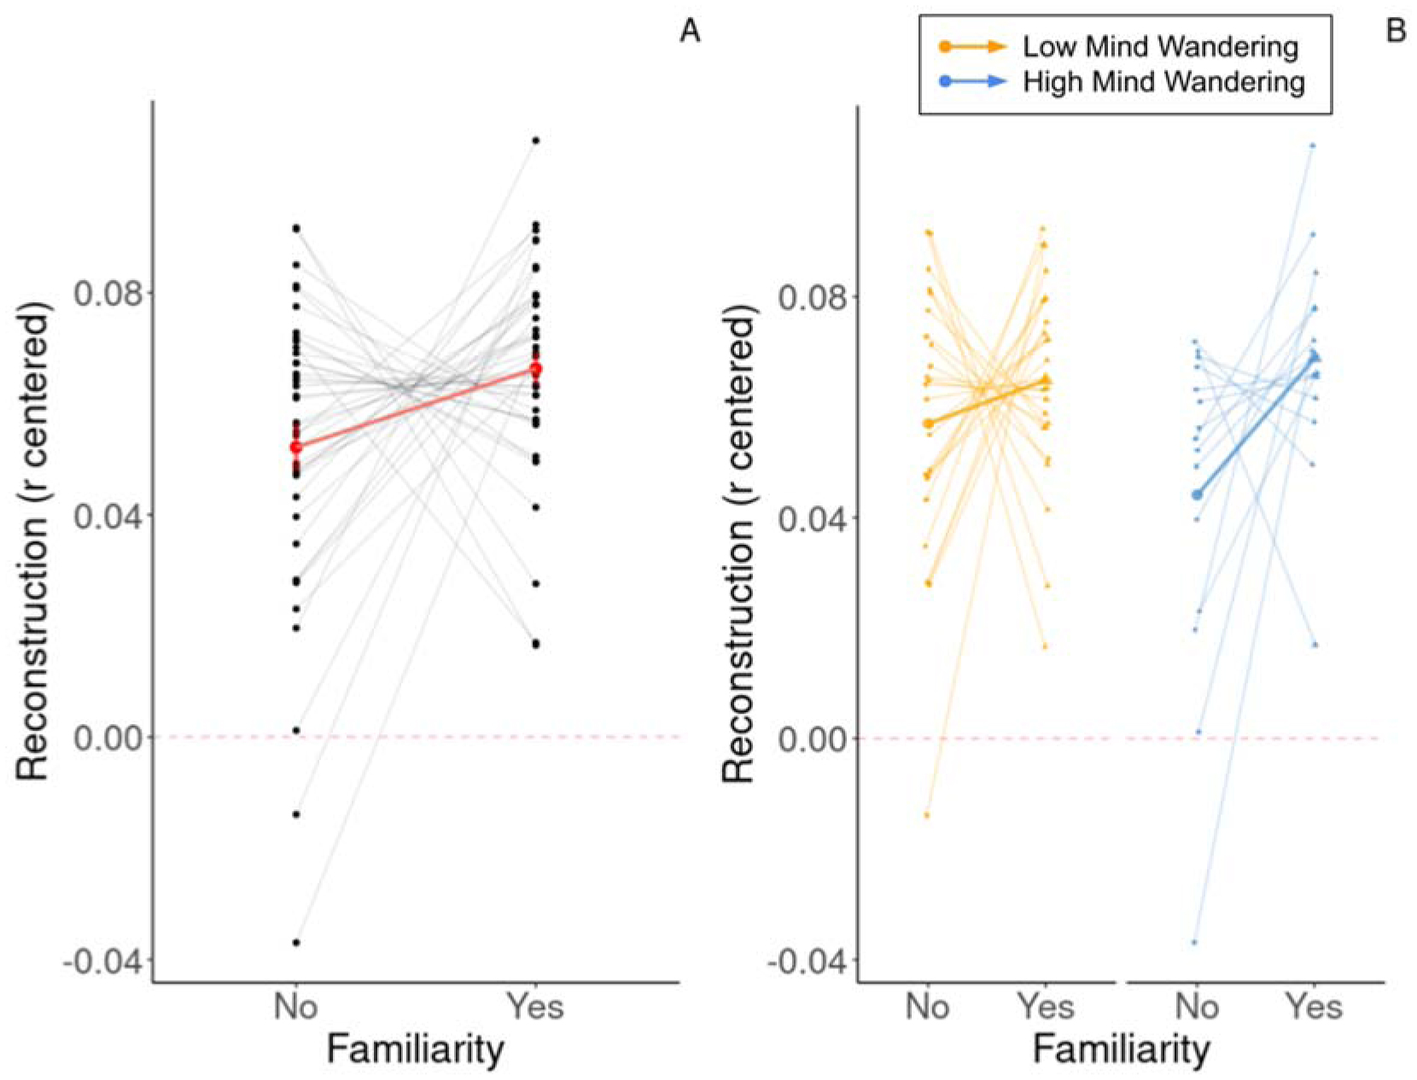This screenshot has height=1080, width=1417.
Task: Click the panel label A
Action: click(690, 32)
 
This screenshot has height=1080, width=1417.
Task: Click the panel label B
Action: click(1397, 32)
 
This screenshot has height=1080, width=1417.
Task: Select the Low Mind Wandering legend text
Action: click(1161, 46)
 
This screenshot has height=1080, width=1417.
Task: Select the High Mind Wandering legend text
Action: click(1164, 82)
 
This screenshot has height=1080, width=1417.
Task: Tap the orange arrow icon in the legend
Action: click(973, 46)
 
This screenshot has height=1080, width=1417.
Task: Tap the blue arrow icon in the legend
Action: click(973, 82)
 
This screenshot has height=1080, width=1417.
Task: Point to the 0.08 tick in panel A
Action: click(106, 293)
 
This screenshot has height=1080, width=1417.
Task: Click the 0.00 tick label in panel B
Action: click(810, 738)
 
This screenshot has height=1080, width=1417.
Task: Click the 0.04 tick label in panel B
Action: click(810, 517)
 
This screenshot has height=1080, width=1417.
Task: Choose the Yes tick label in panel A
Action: click(535, 1007)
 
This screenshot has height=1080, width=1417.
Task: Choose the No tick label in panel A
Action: click(296, 1007)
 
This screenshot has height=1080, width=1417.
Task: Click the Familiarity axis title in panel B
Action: click(1121, 1049)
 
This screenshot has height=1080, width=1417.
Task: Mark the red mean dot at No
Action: click(296, 447)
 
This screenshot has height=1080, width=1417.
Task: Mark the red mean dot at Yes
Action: click(536, 369)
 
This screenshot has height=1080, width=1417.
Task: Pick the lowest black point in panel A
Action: click(296, 943)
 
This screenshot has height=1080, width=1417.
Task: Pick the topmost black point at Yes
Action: click(536, 140)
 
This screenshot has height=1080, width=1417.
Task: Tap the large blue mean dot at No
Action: click(1198, 494)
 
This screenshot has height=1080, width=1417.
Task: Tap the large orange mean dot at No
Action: click(928, 423)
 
